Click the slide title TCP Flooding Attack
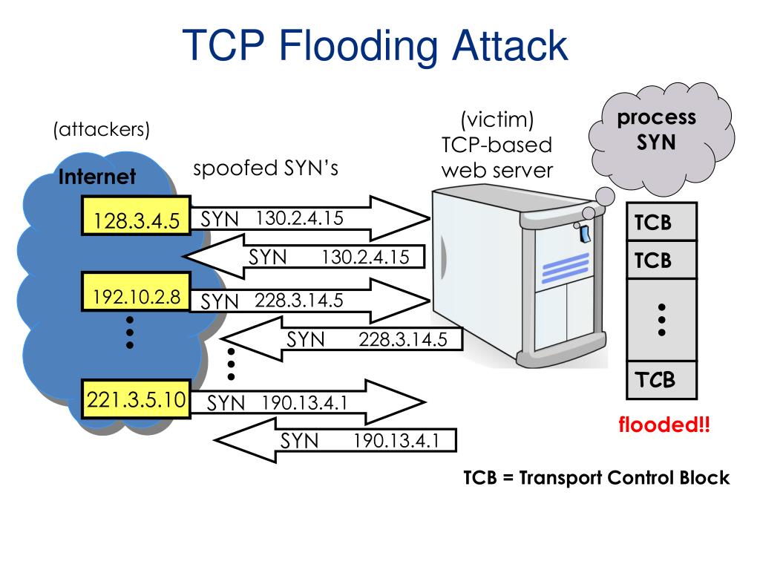coord(376,46)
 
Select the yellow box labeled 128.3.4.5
coord(137,220)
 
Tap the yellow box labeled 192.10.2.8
coord(137,298)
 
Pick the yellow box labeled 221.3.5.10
coord(137,400)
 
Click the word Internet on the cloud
coord(97,177)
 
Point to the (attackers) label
coord(101,130)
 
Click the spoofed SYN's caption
coord(266,169)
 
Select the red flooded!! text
coord(664,425)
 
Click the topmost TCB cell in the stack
coord(661,223)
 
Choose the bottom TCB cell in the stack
coord(661,380)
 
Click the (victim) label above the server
coord(497,119)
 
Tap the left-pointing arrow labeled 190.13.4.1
coord(338,441)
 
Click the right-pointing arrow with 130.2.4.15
coord(312,218)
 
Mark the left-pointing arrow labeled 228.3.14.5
coord(349,339)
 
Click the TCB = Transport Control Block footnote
coord(597,477)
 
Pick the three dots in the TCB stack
coord(661,320)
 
